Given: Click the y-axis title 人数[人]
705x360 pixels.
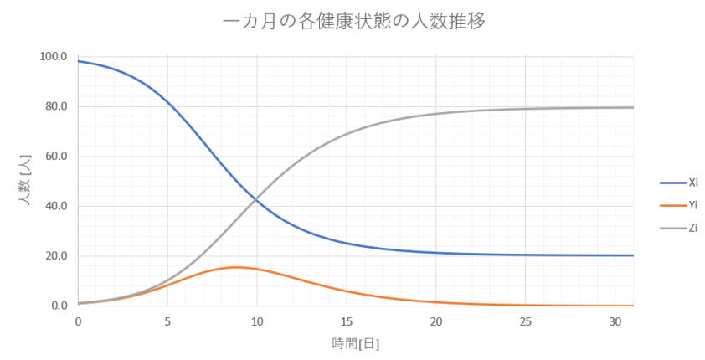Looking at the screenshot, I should pos(26,181).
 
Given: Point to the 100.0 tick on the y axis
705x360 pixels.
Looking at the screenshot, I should pos(53,57).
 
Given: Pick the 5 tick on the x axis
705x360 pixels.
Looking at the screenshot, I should pos(167,321).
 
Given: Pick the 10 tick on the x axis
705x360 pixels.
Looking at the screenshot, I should pos(257,321).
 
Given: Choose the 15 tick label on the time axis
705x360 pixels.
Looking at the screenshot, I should pos(347,321).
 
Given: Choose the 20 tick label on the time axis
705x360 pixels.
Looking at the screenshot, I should pos(435,321).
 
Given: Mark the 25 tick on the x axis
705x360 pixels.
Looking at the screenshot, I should pos(525,321).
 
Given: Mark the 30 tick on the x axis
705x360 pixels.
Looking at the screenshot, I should pos(615,321).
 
